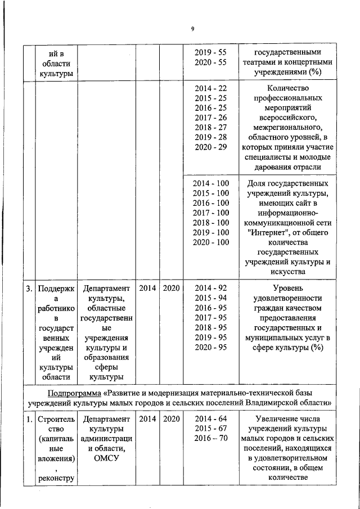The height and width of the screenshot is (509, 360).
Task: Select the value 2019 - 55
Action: (210, 52)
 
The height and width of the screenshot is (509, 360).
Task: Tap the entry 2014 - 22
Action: (210, 88)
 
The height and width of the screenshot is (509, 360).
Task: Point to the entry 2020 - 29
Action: (210, 147)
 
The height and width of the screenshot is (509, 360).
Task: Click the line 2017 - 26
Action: (210, 118)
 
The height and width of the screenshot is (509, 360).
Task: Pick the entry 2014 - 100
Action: (210, 183)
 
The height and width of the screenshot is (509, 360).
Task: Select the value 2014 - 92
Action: (210, 289)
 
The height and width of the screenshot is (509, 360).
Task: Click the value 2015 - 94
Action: (210, 298)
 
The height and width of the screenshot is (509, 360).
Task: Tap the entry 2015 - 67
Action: (210, 429)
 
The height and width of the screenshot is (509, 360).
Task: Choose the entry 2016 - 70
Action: (210, 439)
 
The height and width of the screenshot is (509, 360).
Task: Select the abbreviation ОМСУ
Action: (106, 458)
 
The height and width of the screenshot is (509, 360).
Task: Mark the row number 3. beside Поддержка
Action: (28, 289)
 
